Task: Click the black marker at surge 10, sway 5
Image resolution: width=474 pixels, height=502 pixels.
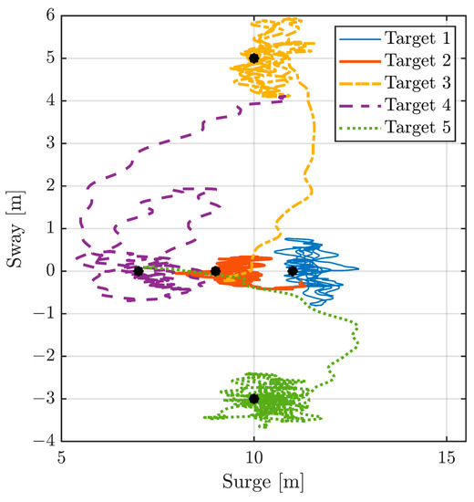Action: point(253,58)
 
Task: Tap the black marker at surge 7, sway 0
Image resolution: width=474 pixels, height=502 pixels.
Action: point(139,271)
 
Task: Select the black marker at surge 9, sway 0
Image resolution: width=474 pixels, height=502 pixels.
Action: point(215,271)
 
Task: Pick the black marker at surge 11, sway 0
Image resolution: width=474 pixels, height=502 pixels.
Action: point(293,271)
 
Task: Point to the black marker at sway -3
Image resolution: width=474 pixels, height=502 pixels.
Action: point(253,399)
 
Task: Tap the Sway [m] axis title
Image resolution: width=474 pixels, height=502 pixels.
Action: point(15,228)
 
